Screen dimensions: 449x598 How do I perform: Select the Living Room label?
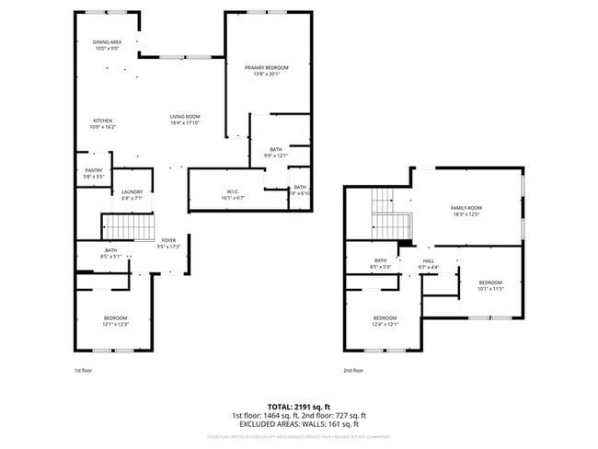(x=184, y=117)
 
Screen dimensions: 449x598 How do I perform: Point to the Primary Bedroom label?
(x=267, y=68)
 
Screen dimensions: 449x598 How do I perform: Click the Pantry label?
(x=94, y=170)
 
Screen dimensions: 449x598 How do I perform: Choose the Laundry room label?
(x=132, y=192)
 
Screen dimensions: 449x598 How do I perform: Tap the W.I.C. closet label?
(x=232, y=192)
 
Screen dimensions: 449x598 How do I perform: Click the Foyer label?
(x=168, y=240)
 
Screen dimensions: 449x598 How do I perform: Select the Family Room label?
(x=466, y=208)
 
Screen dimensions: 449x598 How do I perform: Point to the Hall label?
(x=429, y=260)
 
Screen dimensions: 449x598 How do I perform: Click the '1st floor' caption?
(x=84, y=370)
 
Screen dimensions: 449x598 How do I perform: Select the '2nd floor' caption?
(x=353, y=370)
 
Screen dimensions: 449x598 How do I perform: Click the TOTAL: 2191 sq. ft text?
(x=298, y=406)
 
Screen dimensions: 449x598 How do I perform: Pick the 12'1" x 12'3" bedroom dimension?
(x=115, y=324)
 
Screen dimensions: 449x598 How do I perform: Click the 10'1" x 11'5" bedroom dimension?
(x=489, y=288)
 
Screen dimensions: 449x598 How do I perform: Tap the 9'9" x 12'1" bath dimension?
(x=276, y=155)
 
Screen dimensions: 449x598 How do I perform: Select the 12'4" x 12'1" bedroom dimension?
(x=385, y=324)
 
